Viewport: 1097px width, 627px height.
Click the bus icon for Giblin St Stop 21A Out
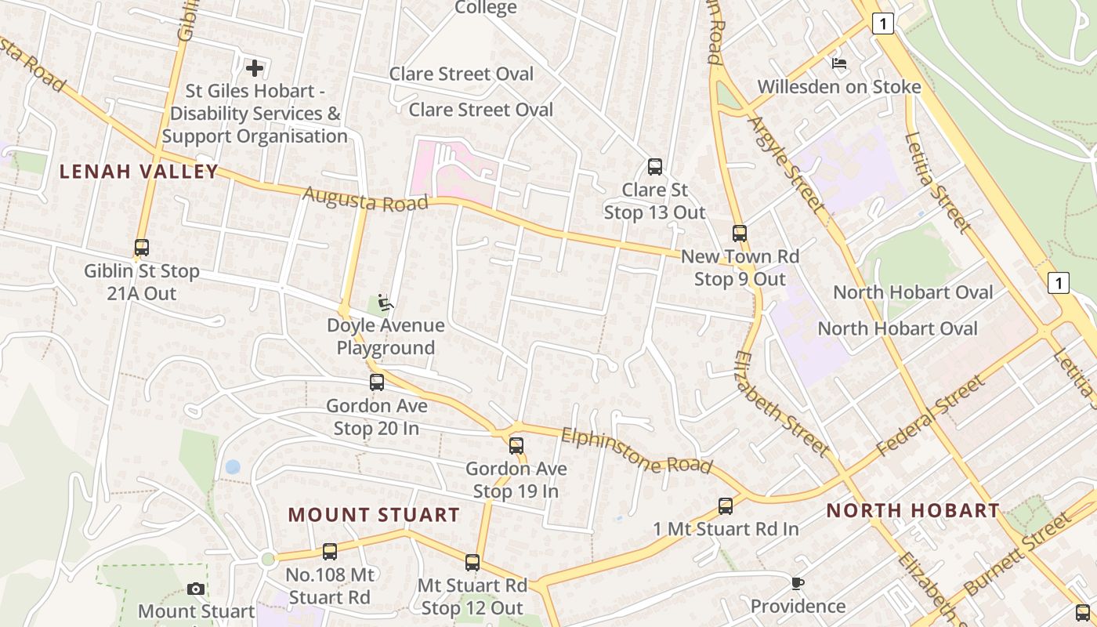coord(142,248)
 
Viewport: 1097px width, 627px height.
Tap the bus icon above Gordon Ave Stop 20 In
coord(377,382)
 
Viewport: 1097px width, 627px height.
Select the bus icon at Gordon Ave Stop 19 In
coord(516,446)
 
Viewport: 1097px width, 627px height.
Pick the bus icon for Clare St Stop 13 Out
coord(655,167)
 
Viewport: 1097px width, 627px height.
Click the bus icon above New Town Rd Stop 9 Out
coord(740,234)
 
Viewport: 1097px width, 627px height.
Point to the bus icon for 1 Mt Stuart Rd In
coord(726,506)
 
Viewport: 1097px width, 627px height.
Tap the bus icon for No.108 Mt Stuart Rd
coord(330,552)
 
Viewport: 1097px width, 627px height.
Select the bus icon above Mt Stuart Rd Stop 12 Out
coord(472,562)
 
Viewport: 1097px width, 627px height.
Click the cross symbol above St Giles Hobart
coord(255,68)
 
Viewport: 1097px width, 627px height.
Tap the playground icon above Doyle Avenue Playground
coord(385,303)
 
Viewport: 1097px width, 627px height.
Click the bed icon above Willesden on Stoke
coord(839,63)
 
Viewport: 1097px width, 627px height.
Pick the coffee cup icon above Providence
coord(798,583)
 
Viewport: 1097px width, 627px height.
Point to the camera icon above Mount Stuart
coord(196,589)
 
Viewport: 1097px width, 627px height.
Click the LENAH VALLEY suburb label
coord(139,172)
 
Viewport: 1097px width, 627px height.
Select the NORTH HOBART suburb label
coord(913,511)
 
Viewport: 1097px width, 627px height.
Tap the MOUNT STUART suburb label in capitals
coord(374,515)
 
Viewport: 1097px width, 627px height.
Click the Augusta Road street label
coord(366,198)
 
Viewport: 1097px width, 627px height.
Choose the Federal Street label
coord(930,416)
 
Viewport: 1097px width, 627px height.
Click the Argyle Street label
coord(787,165)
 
